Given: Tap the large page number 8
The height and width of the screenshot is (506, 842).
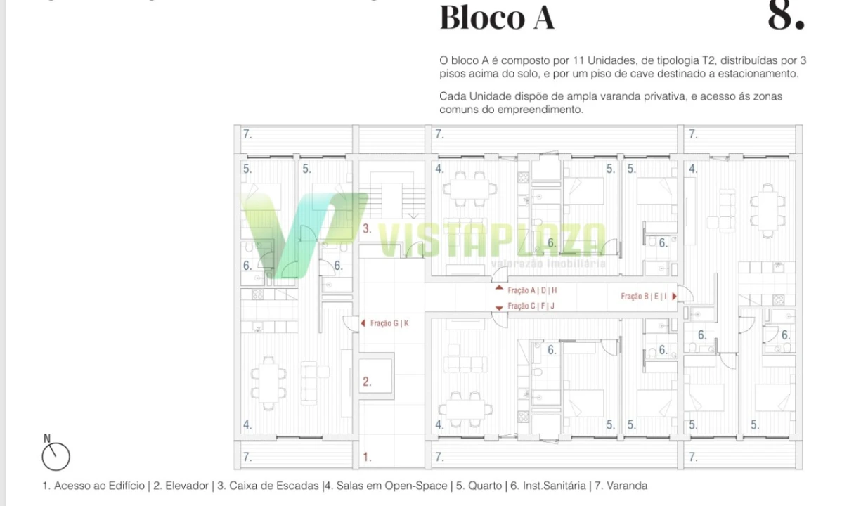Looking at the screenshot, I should [785, 15].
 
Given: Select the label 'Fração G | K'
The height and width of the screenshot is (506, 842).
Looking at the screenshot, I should [389, 323].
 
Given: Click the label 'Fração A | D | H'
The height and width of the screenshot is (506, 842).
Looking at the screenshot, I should [532, 290].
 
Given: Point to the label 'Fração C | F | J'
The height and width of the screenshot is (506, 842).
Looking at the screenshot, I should [531, 306].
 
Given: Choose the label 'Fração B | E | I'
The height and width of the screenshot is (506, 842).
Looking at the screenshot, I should [644, 297].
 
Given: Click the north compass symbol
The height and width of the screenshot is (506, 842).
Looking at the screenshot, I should [56, 455].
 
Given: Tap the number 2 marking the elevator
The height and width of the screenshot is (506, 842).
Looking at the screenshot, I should [367, 382].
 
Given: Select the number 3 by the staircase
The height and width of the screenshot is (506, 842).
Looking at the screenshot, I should [367, 228].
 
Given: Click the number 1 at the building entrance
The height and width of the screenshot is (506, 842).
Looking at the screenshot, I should [367, 458].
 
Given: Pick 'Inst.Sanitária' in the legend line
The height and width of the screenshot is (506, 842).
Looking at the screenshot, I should [553, 486].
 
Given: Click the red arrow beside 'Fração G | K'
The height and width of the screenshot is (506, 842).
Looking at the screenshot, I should [363, 323].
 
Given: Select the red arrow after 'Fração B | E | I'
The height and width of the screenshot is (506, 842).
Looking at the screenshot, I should [674, 297].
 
